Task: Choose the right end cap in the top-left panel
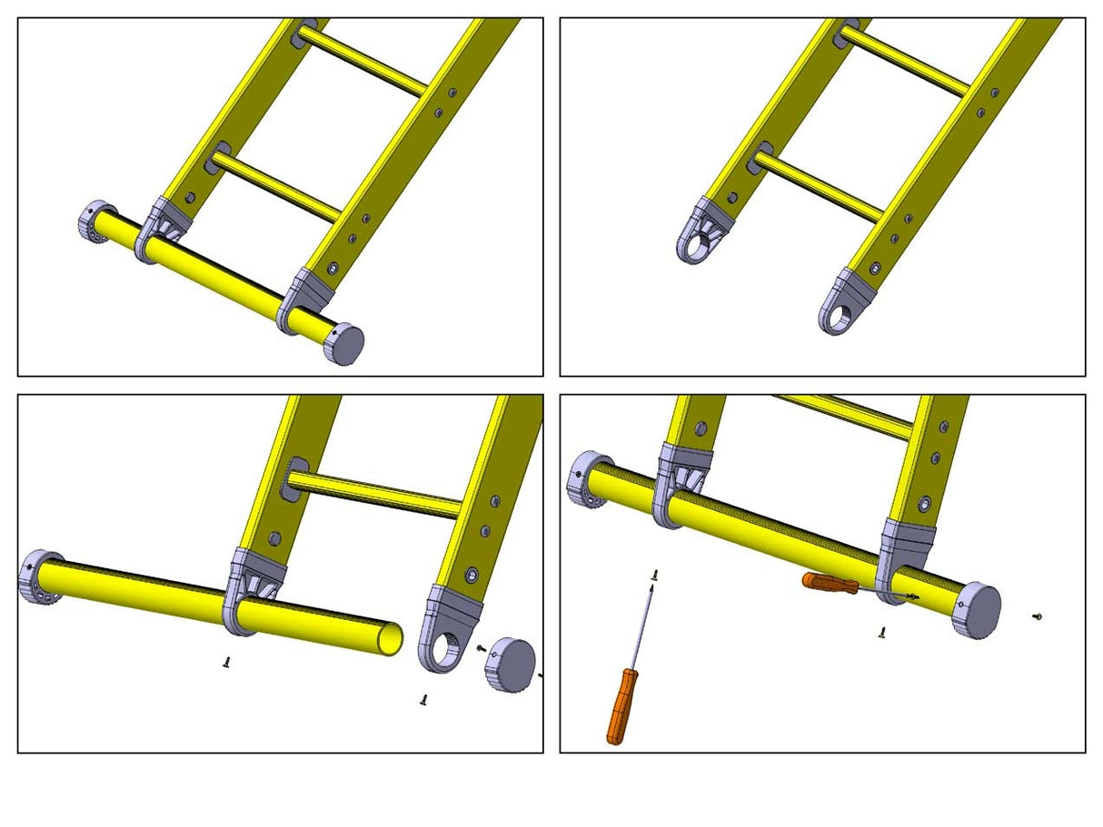[345, 343]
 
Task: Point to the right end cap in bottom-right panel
[979, 611]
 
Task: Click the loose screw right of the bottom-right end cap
[1037, 617]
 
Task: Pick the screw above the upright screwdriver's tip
[654, 574]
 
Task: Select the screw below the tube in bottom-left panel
[226, 663]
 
